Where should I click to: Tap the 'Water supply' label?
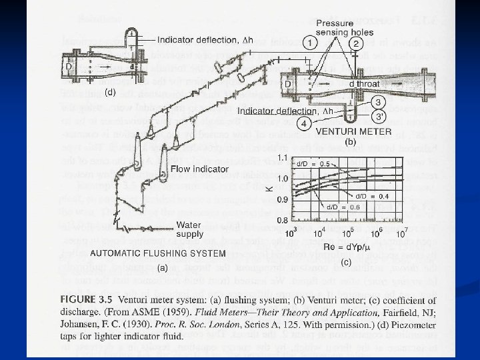click(191, 229)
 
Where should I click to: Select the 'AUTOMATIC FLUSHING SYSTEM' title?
click(157, 253)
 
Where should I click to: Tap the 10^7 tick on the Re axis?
click(401, 233)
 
